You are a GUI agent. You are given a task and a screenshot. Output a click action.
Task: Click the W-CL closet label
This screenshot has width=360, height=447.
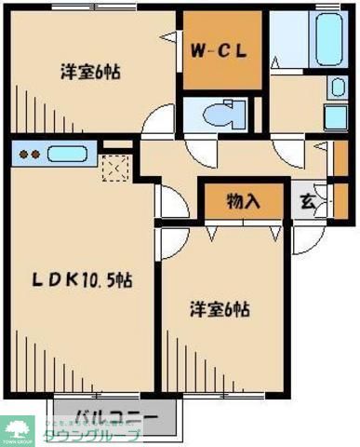tap(219, 51)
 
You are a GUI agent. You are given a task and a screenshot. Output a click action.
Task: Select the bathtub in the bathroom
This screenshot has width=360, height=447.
tap(327, 38)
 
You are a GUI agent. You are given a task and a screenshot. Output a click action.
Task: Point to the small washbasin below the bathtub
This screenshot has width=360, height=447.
tap(337, 87)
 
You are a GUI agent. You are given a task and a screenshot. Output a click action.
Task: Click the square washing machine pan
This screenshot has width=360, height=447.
tap(336, 118)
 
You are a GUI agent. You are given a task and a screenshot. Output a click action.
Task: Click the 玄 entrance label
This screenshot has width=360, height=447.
tap(307, 198)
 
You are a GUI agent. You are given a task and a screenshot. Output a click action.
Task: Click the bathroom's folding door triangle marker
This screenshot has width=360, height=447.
tap(277, 63)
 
